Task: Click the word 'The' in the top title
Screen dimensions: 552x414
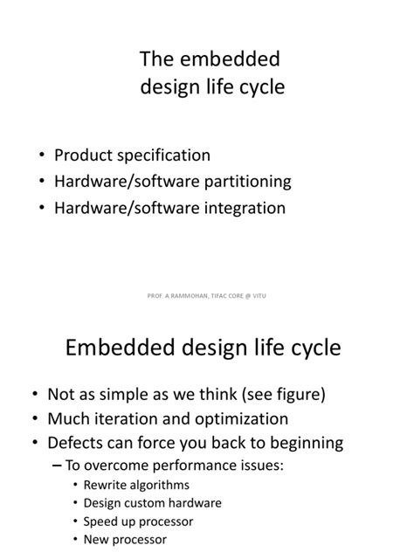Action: point(158,60)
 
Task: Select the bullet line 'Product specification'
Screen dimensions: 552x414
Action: point(132,155)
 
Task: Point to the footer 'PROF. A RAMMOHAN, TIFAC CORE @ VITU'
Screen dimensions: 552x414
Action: point(207,296)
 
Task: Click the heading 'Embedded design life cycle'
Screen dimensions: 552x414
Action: point(204,348)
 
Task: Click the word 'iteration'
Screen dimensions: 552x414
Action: point(138,418)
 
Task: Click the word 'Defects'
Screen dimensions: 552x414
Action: point(86,442)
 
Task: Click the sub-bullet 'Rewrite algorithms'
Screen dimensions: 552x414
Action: point(136,485)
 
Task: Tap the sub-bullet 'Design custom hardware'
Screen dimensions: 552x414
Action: point(152,503)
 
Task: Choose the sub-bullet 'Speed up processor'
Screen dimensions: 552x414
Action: point(138,521)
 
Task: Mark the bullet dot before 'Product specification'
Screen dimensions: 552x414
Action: point(42,156)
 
